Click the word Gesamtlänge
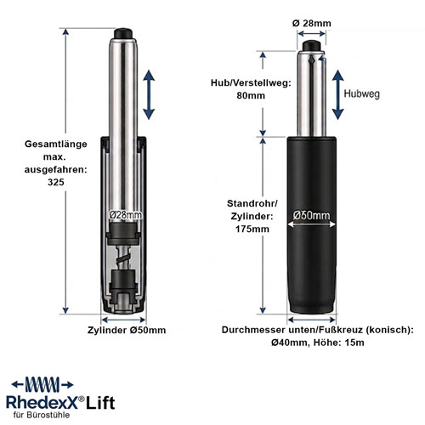point(56,144)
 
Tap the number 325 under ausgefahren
point(56,182)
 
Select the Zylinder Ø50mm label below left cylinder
point(127,330)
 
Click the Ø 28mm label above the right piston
point(312,23)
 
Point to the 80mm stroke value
point(251,95)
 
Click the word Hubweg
point(361,93)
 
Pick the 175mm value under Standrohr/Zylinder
point(252,229)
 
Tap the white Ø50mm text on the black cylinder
point(311,216)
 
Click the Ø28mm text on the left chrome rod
point(126,215)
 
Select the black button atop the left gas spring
point(123,33)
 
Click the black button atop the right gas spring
point(311,46)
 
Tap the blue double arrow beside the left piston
point(149,95)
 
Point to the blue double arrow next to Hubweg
point(337,94)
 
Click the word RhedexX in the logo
point(42,403)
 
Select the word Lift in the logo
point(100,403)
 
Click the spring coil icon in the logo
point(42,385)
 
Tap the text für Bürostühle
point(42,415)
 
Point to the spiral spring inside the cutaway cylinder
point(123,258)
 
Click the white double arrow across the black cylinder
point(311,224)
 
